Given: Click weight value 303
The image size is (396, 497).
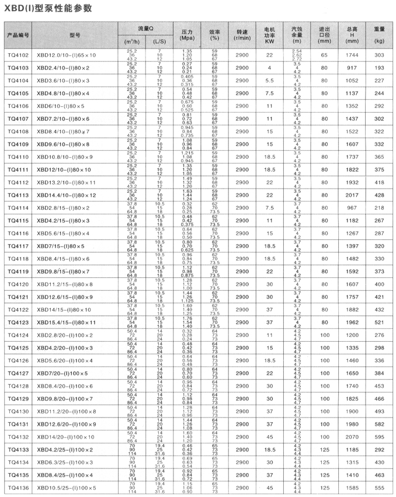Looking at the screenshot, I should [x=380, y=55].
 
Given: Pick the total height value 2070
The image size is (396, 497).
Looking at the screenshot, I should [x=352, y=436].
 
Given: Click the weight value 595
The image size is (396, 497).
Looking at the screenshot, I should [x=380, y=436].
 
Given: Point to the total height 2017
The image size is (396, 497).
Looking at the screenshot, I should [x=352, y=194].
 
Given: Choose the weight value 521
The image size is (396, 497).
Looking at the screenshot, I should [x=380, y=322].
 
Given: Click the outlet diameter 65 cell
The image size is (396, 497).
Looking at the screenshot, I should [x=324, y=55].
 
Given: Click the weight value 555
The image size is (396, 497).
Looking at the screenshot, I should [x=380, y=486].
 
